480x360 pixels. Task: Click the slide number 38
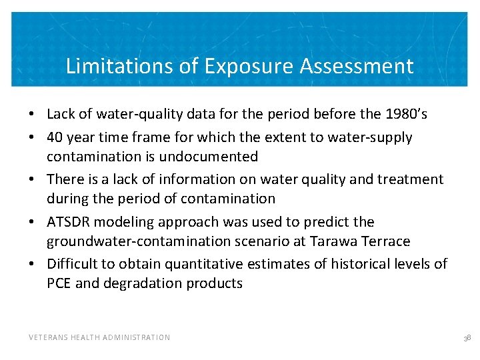pos(467,338)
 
